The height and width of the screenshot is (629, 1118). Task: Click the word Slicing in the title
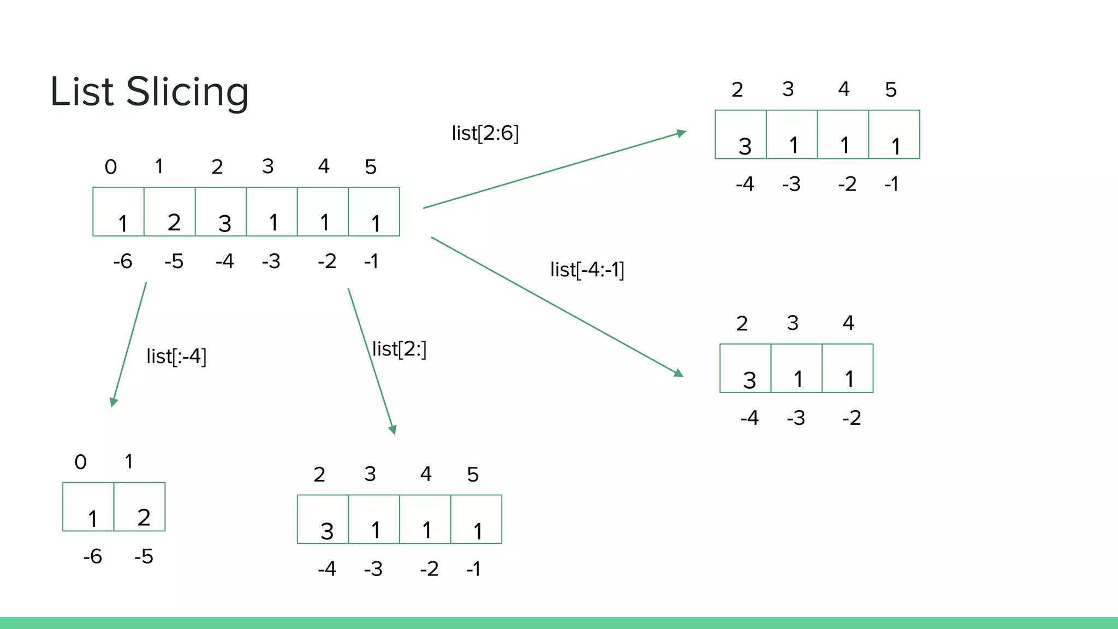coord(187,92)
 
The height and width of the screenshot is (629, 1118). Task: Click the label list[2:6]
coord(485,133)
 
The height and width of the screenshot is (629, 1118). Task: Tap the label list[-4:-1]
coord(587,269)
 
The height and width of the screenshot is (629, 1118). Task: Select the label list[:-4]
coord(176,357)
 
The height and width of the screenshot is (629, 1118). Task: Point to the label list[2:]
coord(399,349)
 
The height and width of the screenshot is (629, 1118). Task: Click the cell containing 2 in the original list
coord(170,212)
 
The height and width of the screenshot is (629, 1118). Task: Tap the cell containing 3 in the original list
coord(221,212)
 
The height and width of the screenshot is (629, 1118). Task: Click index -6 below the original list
coord(123,261)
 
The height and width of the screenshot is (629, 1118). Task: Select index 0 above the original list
coord(111,167)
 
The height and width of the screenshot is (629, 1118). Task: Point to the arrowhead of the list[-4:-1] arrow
coord(679,373)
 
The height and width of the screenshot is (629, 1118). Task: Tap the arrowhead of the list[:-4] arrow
coord(113,402)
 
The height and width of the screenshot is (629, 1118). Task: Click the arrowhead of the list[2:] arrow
coord(393,430)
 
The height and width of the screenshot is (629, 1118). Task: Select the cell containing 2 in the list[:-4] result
coord(140,507)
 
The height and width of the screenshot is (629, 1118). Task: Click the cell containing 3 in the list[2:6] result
coord(741,135)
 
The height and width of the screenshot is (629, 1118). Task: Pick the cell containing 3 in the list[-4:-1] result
coord(745,369)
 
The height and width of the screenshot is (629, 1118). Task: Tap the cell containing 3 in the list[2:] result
coord(323,519)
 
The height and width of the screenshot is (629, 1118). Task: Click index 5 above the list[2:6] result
coord(891,90)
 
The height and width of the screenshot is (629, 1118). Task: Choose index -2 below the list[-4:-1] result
coord(852,418)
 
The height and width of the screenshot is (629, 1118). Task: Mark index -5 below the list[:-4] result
coord(144,556)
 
